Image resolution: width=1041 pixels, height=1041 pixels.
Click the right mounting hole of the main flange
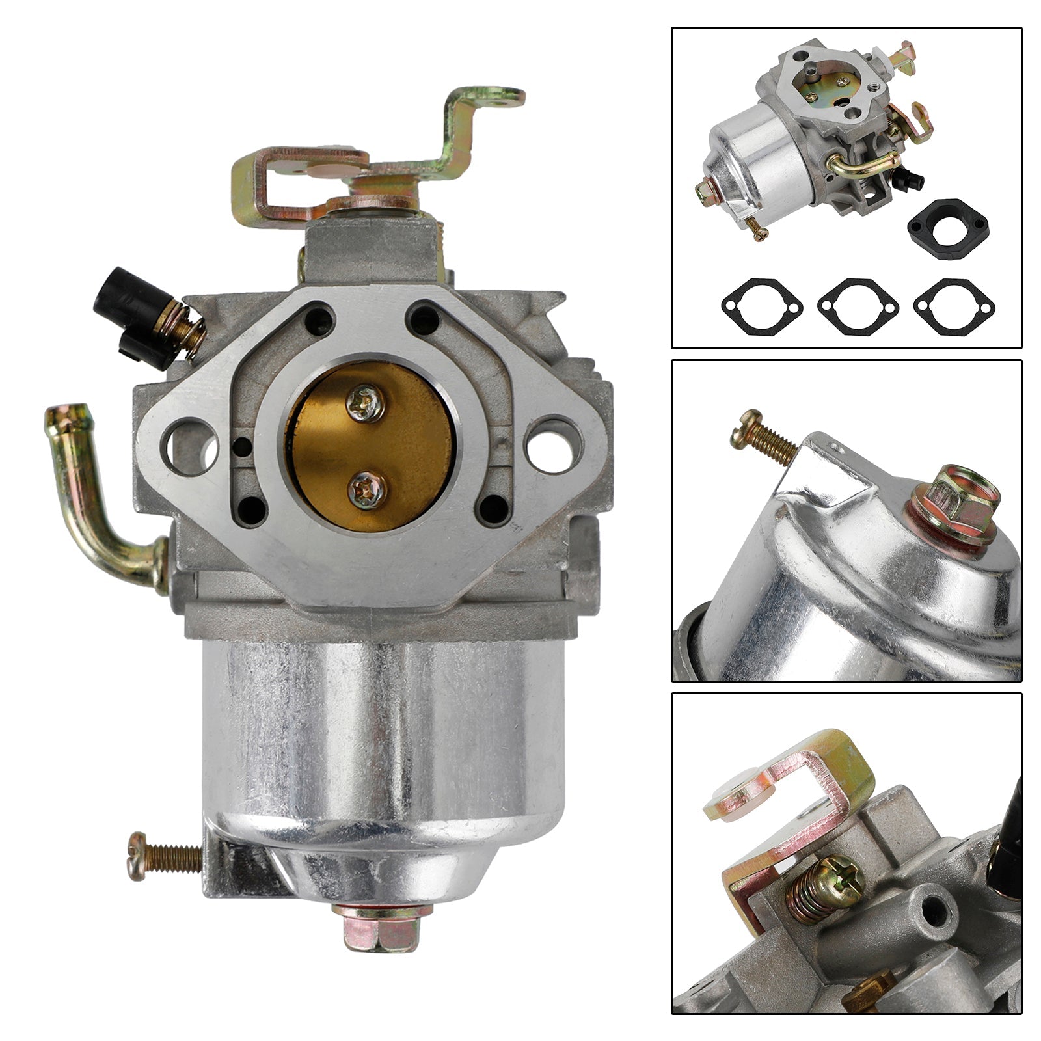coord(552,445)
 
